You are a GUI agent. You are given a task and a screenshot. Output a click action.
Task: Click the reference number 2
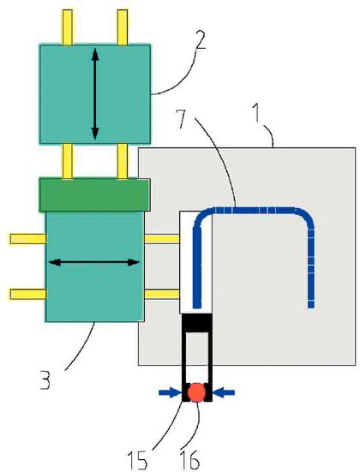coord(201,39)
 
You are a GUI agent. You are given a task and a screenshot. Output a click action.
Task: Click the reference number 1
coord(256,112)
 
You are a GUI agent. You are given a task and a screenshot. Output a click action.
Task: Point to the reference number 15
coord(137,460)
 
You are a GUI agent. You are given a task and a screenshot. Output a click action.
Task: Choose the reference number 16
coord(189,460)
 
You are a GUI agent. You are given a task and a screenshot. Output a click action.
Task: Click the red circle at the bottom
coord(197,392)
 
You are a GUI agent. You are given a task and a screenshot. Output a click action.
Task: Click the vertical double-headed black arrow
coord(95,94)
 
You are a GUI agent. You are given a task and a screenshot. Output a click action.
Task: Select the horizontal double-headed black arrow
coord(94,262)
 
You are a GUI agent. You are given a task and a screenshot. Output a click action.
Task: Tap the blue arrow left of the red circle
coord(170,392)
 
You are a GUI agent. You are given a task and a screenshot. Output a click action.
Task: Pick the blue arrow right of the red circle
coord(224,392)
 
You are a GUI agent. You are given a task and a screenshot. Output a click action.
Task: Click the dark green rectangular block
coord(94,194)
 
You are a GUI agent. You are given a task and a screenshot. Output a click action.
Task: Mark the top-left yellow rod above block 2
coord(68,27)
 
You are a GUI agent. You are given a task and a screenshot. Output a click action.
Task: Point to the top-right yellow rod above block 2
coord(123,27)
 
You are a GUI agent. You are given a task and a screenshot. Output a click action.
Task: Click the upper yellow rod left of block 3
coord(27,239)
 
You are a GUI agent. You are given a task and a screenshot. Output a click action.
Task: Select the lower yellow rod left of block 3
coord(27,294)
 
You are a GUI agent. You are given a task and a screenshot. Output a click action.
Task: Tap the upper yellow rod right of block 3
coord(162,239)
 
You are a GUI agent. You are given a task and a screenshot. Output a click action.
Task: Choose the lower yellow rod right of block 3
coord(162,294)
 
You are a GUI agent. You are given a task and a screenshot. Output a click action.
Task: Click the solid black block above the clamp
coord(197,323)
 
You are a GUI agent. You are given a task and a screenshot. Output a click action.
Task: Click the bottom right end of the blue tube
coord(311,307)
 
